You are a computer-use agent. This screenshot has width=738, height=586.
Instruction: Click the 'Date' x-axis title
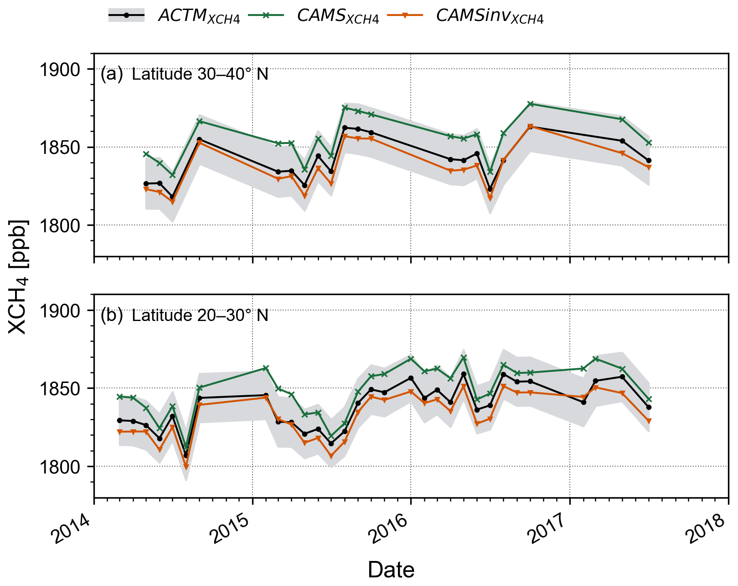391,570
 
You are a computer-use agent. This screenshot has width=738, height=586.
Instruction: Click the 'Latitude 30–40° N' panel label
200,74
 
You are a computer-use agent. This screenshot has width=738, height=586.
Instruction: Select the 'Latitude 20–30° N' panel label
200,316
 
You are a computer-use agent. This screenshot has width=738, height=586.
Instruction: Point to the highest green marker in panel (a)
530,104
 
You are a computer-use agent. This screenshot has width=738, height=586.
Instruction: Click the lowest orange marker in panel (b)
186,467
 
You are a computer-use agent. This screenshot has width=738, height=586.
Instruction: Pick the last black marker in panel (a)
649,161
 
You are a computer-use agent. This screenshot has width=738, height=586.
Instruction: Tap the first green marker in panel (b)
119,397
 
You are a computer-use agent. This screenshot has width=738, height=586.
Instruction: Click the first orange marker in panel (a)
146,189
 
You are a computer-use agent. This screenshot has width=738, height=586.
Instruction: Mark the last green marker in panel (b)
649,399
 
